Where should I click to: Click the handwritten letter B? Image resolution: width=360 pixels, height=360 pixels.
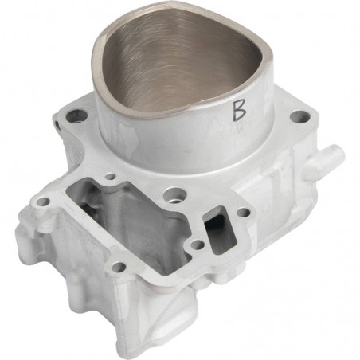coord(237,111)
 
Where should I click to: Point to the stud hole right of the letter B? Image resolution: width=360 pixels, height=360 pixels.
coord(298,117)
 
